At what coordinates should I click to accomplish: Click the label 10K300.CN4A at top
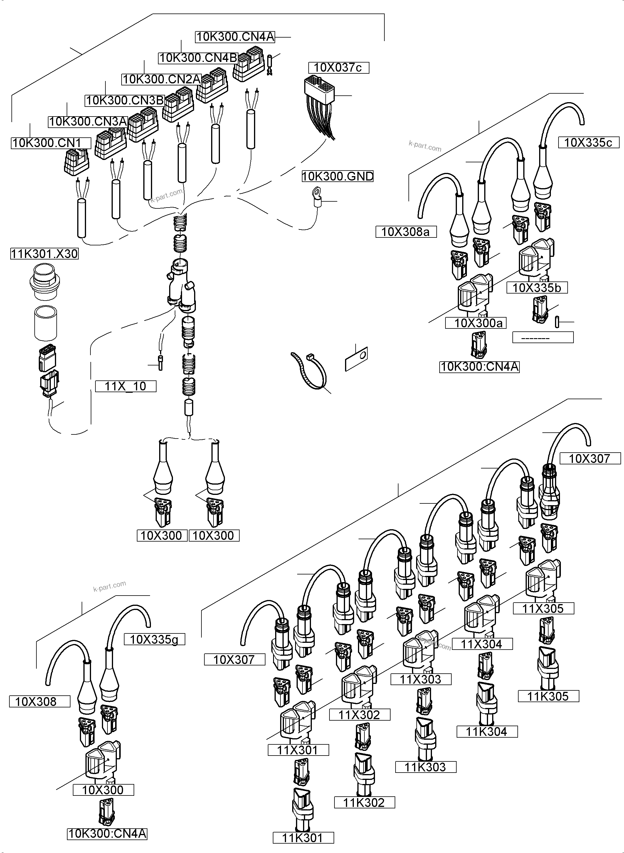point(235,37)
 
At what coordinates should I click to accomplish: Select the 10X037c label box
point(339,68)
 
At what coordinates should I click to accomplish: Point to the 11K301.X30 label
point(44,254)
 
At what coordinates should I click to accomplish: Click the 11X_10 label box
point(125,386)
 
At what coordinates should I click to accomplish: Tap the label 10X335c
point(588,142)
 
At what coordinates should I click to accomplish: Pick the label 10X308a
point(406,232)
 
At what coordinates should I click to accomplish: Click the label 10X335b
point(537,288)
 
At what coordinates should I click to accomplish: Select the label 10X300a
point(475,323)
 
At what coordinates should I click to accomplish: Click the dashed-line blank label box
point(542,337)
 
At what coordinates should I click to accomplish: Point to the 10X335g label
point(154,639)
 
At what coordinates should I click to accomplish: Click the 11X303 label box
point(421,679)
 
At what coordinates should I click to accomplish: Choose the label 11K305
point(548,696)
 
